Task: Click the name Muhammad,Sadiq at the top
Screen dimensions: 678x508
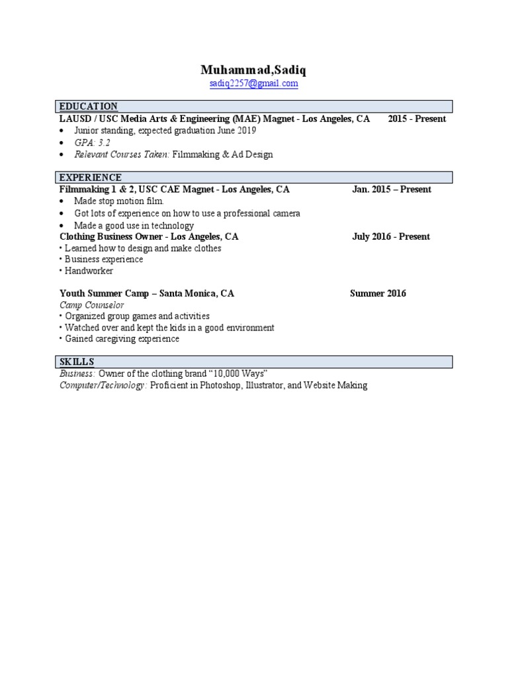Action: [x=253, y=70]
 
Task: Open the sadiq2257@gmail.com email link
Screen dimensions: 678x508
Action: [x=253, y=84]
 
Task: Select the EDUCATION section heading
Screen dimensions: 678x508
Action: [x=89, y=107]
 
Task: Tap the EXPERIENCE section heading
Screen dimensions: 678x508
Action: [x=91, y=177]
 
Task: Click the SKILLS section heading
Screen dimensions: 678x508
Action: [x=77, y=362]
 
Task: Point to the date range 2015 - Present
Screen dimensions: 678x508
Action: [x=417, y=119]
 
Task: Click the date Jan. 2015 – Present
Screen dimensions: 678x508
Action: [x=392, y=189]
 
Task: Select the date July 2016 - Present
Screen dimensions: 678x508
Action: [x=391, y=236]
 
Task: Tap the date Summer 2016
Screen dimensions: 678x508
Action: [x=378, y=293]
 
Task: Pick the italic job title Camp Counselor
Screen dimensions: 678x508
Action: [x=91, y=305]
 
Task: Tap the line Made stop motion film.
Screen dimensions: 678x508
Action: [x=118, y=201]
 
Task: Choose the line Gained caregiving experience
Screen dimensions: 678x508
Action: [x=122, y=339]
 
